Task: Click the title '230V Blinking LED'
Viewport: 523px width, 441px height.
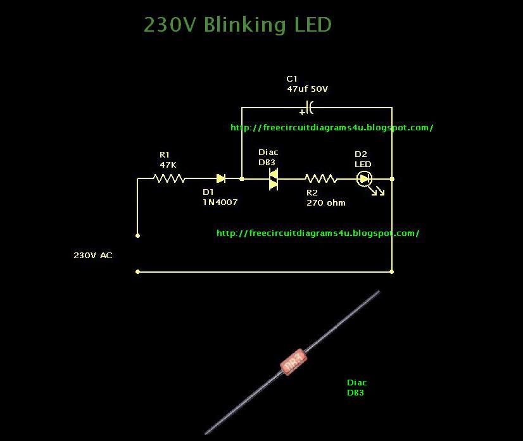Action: [x=237, y=25]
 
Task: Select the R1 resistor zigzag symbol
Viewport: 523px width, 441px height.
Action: [x=170, y=179]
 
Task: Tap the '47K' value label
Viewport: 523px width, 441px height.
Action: [x=168, y=165]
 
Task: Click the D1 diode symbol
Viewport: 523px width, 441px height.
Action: [x=221, y=179]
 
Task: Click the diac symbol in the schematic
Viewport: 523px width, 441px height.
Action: [x=273, y=179]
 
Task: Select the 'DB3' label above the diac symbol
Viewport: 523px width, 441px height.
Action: [x=267, y=163]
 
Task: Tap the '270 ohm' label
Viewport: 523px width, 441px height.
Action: [x=325, y=202]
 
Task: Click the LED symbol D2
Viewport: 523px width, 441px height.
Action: [x=364, y=179]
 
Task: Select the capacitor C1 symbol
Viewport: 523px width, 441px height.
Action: [x=308, y=107]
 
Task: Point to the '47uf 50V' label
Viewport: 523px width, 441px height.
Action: [x=307, y=89]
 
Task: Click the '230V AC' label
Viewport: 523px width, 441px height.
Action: [x=93, y=256]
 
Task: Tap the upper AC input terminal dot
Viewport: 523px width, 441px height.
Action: [x=137, y=235]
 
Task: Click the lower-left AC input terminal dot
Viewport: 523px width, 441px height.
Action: [x=137, y=271]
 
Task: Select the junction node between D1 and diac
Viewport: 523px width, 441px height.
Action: [x=242, y=179]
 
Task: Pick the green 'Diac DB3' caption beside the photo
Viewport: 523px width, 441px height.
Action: [x=356, y=387]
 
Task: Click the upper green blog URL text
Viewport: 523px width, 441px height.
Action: [x=332, y=127]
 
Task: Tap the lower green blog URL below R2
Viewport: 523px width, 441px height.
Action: [x=318, y=233]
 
